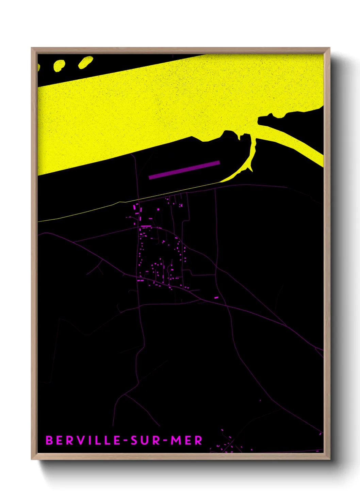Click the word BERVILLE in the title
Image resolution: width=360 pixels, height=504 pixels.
tap(83, 440)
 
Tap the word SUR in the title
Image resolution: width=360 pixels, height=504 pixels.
tap(146, 440)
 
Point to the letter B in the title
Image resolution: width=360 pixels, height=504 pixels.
tap(49, 440)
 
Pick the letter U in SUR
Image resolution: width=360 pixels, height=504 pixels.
tap(146, 440)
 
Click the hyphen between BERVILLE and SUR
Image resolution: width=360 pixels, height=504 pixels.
tap(126, 441)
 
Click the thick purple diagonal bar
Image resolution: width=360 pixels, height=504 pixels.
tap(184, 170)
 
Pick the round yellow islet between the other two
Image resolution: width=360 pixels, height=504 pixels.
tap(59, 65)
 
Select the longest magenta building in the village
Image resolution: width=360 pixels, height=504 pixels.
tap(146, 226)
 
